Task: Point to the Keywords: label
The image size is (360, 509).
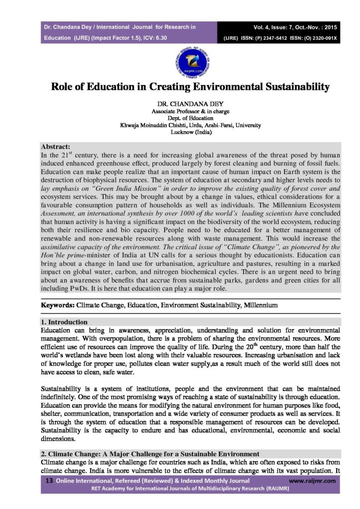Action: [x=58, y=304]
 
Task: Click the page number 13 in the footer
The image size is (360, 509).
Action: [x=49, y=481]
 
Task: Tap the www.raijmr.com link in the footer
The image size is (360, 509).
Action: [x=312, y=481]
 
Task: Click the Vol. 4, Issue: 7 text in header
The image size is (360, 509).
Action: [x=272, y=26]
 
